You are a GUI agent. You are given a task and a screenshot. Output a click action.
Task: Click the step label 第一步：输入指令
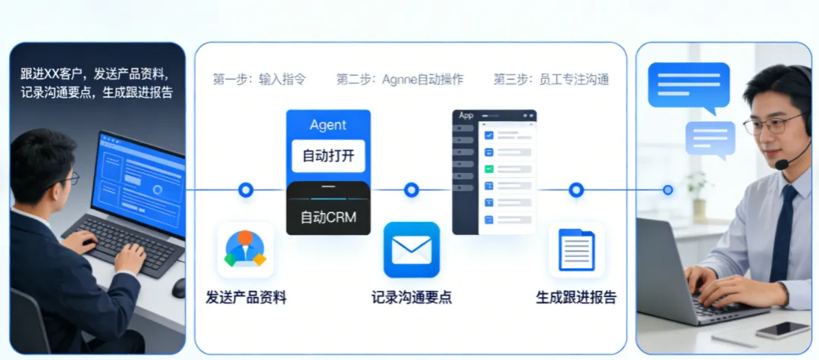[x=259, y=79]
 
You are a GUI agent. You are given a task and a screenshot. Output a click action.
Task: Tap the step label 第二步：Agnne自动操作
[x=400, y=79]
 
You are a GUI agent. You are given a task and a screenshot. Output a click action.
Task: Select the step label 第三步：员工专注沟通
[x=551, y=79]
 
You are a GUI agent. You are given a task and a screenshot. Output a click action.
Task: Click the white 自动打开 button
[x=328, y=156]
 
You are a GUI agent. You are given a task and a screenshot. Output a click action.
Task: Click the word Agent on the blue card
[x=328, y=125]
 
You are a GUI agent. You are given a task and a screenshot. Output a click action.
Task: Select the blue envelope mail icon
[x=412, y=249]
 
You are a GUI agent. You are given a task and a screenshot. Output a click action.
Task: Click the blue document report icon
[x=576, y=250]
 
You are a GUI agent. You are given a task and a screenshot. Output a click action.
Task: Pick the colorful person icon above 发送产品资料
[x=245, y=249]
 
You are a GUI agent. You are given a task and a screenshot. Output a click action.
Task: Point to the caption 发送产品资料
[x=246, y=297]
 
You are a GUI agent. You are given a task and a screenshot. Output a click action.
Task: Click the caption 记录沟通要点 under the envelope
[x=412, y=297]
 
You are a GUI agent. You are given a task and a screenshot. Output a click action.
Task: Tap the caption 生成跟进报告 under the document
[x=576, y=297]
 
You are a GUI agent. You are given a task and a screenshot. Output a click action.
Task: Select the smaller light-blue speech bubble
[x=711, y=139]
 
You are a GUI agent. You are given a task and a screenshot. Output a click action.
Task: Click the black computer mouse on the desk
[x=178, y=288]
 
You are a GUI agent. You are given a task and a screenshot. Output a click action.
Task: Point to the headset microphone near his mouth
[x=781, y=164]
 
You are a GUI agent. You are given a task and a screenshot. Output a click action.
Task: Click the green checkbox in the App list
[x=489, y=168]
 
